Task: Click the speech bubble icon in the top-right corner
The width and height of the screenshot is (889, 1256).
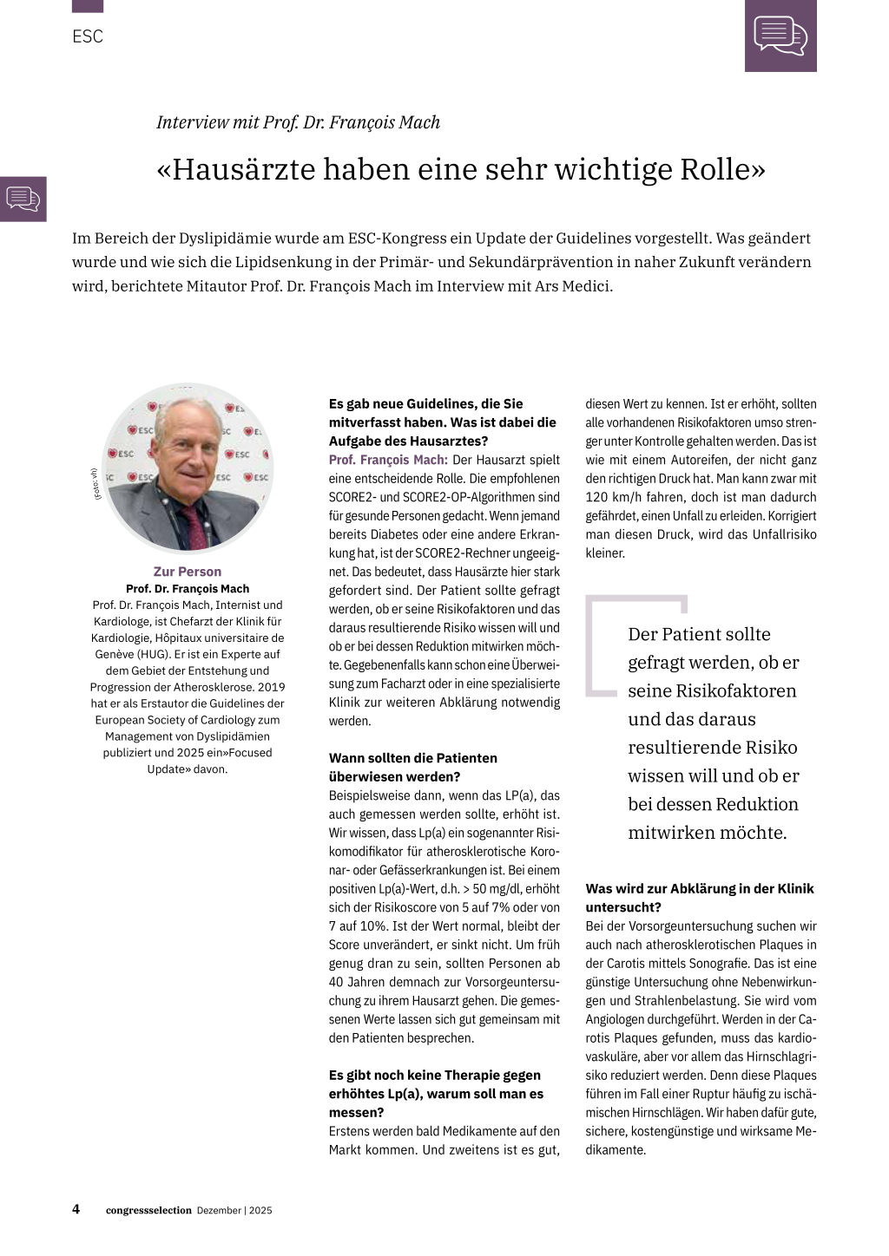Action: pos(780,36)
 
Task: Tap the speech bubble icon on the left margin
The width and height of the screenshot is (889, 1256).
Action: pos(23,199)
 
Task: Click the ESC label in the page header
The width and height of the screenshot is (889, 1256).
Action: pos(88,36)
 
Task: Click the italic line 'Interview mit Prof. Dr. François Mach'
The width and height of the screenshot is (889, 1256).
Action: pos(298,122)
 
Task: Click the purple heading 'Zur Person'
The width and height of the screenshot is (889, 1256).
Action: pos(188,572)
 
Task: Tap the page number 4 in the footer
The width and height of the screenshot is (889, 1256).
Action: pos(76,1209)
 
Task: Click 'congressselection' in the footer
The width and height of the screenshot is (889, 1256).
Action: pos(148,1210)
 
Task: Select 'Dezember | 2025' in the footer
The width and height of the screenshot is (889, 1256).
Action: pos(234,1210)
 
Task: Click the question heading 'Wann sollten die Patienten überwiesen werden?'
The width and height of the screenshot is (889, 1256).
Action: pos(412,767)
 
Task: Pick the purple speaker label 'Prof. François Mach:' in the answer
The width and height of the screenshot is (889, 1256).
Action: pos(388,460)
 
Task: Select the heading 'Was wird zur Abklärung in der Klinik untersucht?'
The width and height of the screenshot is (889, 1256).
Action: pos(699,897)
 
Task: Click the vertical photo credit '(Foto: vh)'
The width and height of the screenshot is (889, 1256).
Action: pos(94,484)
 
